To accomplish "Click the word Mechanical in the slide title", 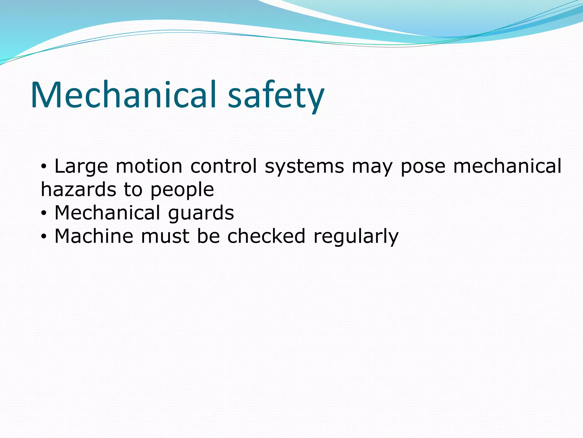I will (x=123, y=95).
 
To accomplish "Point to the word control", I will (x=223, y=166).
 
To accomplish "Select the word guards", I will (x=201, y=214).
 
